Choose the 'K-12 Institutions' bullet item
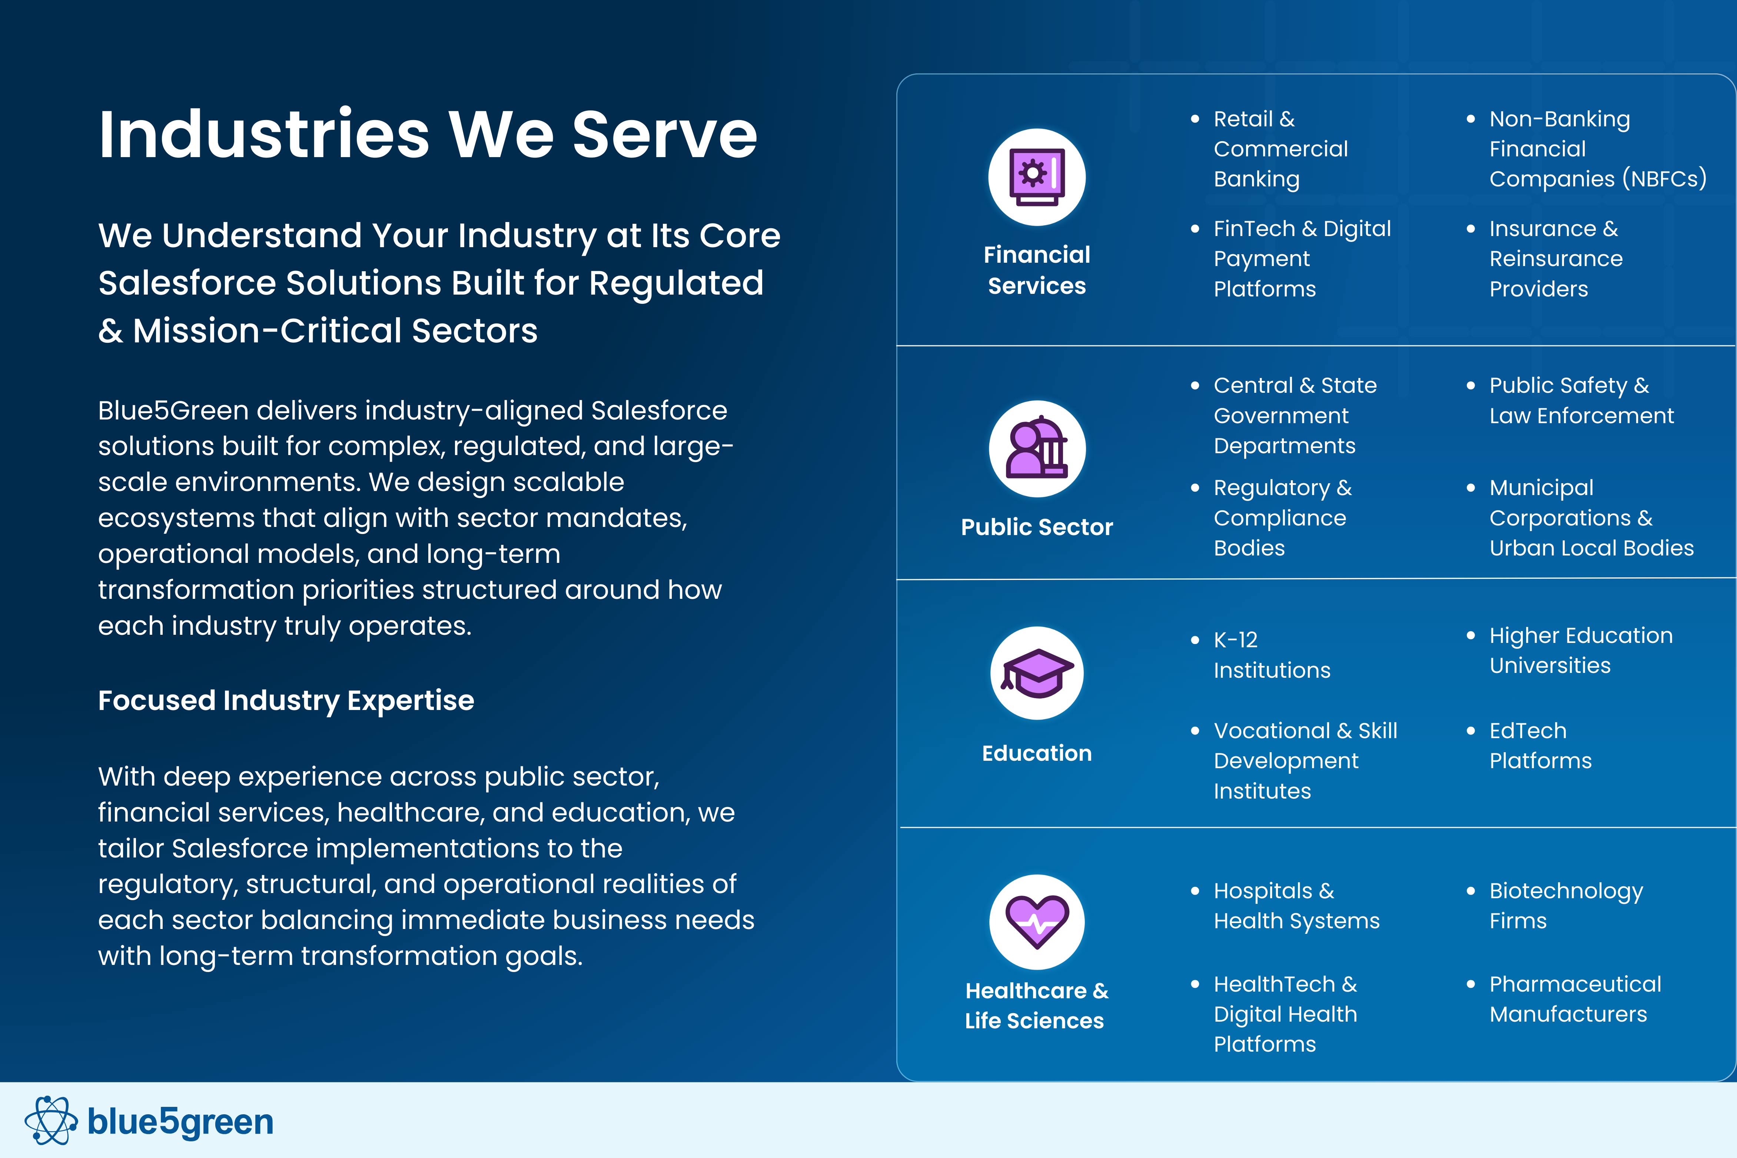(x=1271, y=655)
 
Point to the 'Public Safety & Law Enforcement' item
(x=1581, y=400)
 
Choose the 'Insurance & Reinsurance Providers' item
(x=1555, y=259)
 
